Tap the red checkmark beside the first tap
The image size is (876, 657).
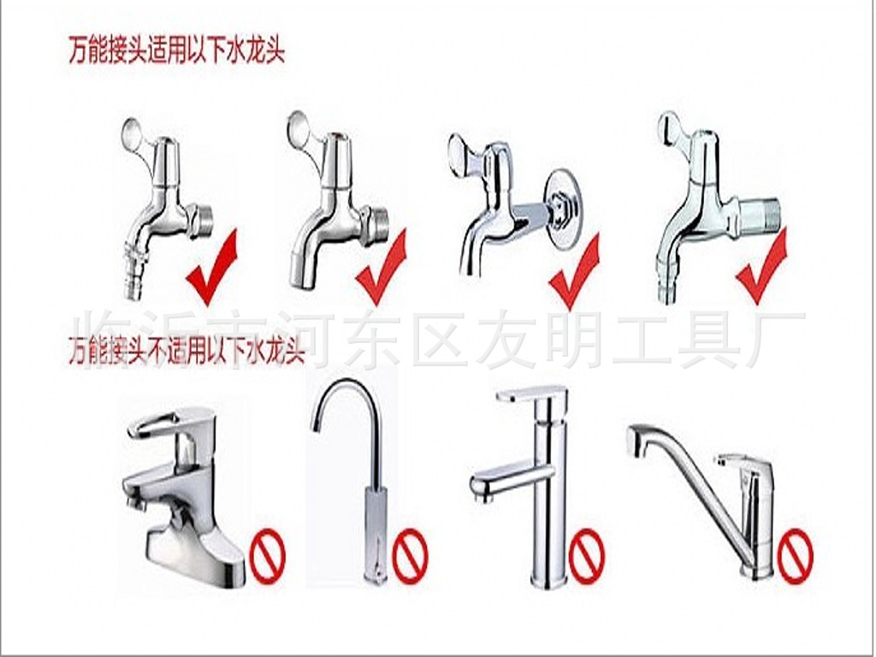pyautogui.click(x=210, y=274)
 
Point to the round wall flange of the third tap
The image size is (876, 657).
pyautogui.click(x=565, y=210)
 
